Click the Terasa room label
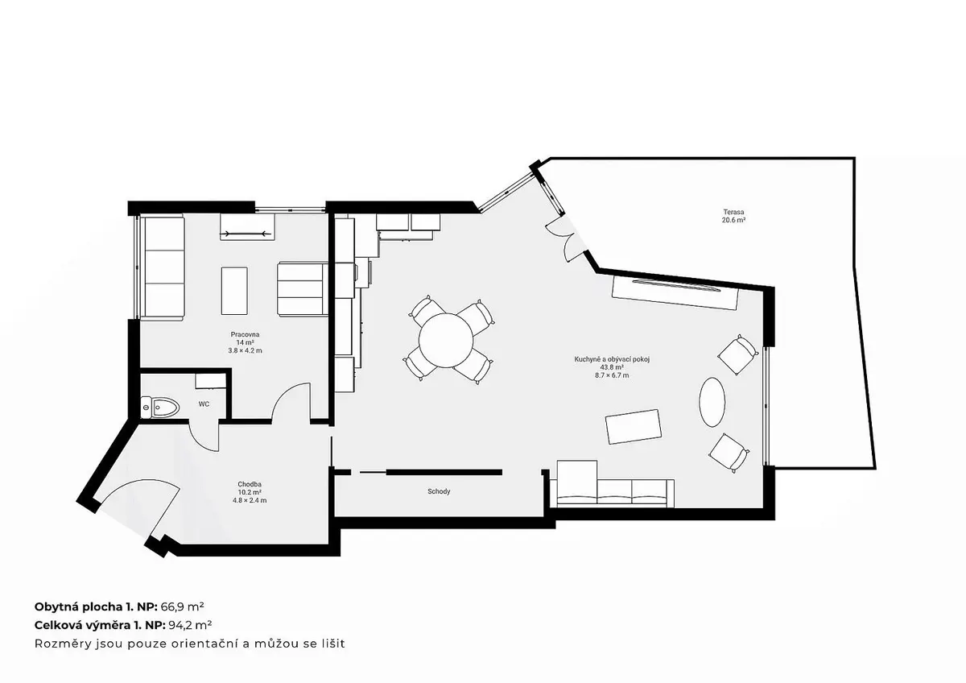[733, 212]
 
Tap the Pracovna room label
[245, 334]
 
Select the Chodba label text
[250, 484]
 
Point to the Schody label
[439, 491]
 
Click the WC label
[204, 404]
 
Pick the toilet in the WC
[160, 407]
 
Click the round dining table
[446, 341]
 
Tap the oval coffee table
[712, 402]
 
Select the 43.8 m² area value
[612, 367]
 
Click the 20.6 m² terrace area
[734, 220]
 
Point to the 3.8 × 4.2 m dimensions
[245, 351]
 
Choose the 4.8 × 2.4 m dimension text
[250, 500]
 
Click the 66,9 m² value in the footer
[183, 606]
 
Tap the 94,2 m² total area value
[190, 625]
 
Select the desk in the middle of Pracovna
[234, 291]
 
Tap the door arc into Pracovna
[287, 392]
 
